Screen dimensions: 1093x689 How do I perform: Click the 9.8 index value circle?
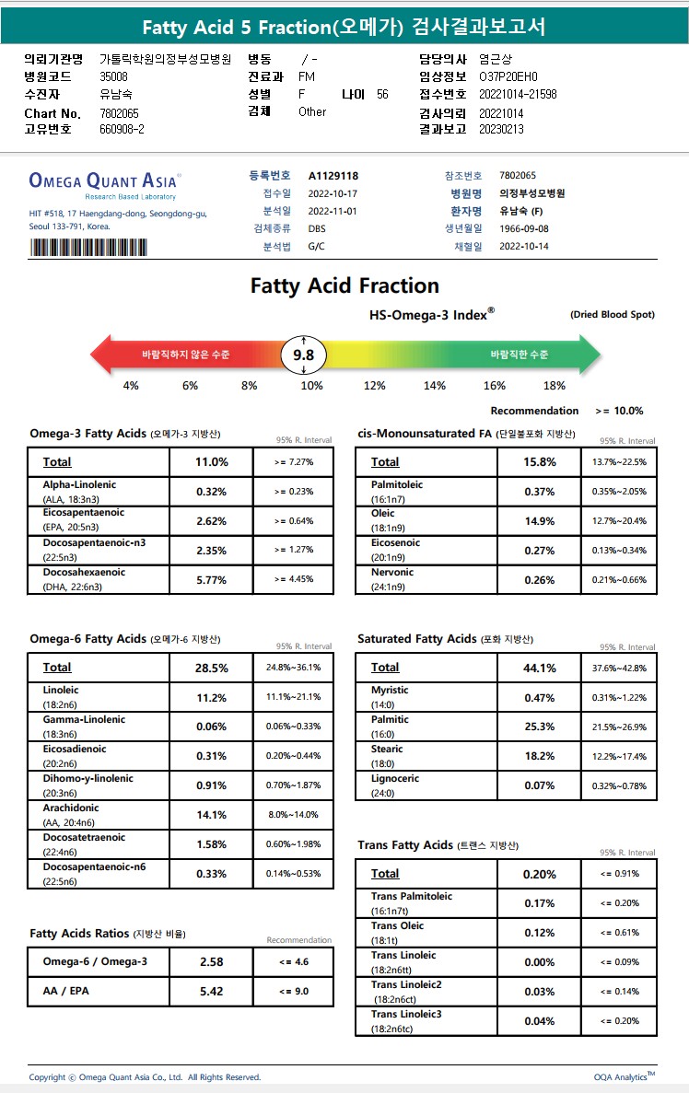click(x=303, y=355)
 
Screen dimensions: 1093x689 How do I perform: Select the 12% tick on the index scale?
click(x=374, y=386)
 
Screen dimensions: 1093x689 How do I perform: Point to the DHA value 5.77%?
click(x=212, y=580)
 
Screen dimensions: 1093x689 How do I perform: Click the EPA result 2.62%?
click(x=212, y=521)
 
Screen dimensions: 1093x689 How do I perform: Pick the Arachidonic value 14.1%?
click(x=212, y=815)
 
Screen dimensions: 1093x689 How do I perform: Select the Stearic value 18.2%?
click(x=540, y=756)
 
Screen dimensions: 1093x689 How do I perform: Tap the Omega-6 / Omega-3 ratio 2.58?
click(x=212, y=962)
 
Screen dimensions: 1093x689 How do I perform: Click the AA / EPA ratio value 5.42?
click(x=212, y=992)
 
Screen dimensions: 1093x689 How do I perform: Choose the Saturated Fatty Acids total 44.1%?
click(x=540, y=668)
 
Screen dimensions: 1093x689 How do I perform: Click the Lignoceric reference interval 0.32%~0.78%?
click(x=619, y=785)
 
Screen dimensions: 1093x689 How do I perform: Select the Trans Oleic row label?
click(x=398, y=925)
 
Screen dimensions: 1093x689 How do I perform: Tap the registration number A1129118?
click(x=333, y=176)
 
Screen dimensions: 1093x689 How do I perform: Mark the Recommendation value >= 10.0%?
click(x=619, y=411)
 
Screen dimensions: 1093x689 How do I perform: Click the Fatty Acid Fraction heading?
click(x=344, y=285)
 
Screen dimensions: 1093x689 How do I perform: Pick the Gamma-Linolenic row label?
click(x=84, y=719)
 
